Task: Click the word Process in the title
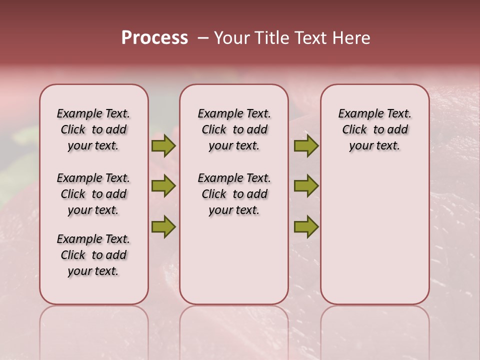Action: [x=154, y=38]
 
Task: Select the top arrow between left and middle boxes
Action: [x=163, y=146]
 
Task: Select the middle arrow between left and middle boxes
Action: [x=163, y=186]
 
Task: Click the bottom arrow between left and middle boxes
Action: [x=163, y=226]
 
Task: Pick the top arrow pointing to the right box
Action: [x=306, y=146]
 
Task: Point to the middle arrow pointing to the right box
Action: [x=306, y=186]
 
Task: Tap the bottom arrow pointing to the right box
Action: [x=306, y=226]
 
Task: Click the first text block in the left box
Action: [x=93, y=129]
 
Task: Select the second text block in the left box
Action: [x=93, y=194]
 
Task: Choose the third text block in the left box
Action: [x=93, y=255]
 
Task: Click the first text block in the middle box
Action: [x=234, y=129]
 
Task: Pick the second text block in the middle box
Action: [x=234, y=194]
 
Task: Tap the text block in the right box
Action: [x=374, y=129]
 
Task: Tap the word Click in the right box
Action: [x=354, y=130]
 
